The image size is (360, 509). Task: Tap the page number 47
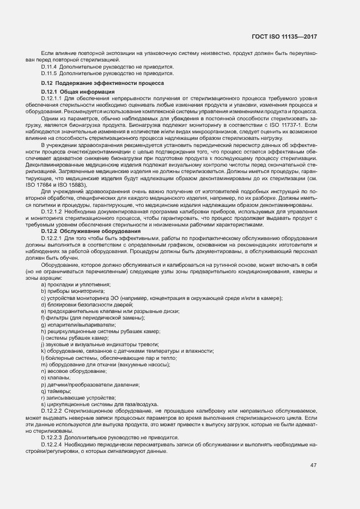[x=313, y=465]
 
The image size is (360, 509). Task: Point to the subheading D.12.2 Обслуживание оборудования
[x=91, y=231]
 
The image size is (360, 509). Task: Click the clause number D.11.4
[x=48, y=66]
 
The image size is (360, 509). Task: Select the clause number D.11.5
[x=48, y=72]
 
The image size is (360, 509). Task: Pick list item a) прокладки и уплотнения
[x=76, y=284]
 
